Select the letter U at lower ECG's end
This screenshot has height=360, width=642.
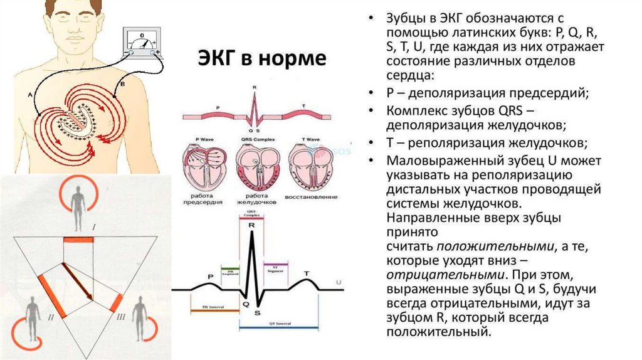tap(339, 283)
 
